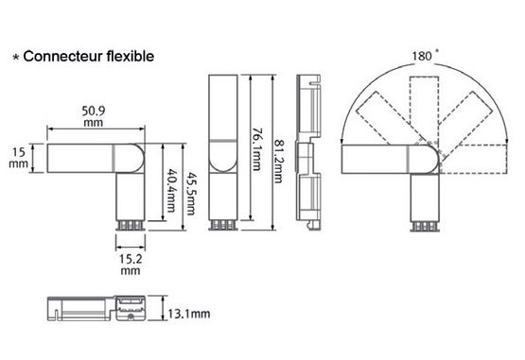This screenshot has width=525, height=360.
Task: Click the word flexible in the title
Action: [x=131, y=56]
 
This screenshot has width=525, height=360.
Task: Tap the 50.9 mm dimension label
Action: [x=94, y=116]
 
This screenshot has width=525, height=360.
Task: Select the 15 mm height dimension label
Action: [x=18, y=158]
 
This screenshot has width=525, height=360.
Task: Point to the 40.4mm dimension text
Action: [x=171, y=190]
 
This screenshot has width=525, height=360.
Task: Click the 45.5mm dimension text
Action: [x=191, y=194]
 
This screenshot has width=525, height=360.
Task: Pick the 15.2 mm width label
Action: [x=131, y=265]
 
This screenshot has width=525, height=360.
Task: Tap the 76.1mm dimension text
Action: [x=256, y=149]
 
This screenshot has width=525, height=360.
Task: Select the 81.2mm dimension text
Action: [x=278, y=161]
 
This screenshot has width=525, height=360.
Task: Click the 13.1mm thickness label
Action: [x=189, y=314]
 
